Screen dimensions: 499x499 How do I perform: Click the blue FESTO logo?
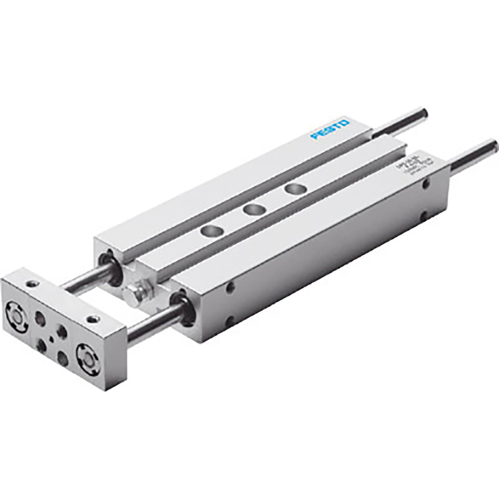(x=329, y=130)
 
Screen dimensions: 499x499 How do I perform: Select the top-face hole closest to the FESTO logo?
(x=292, y=189)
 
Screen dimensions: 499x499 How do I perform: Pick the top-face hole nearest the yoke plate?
(x=210, y=230)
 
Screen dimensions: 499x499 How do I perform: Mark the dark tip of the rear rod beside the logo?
(x=422, y=112)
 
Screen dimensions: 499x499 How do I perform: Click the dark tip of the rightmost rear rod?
(x=491, y=146)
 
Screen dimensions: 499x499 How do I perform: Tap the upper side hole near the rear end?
(x=426, y=183)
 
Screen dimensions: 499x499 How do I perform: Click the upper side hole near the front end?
(x=230, y=287)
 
